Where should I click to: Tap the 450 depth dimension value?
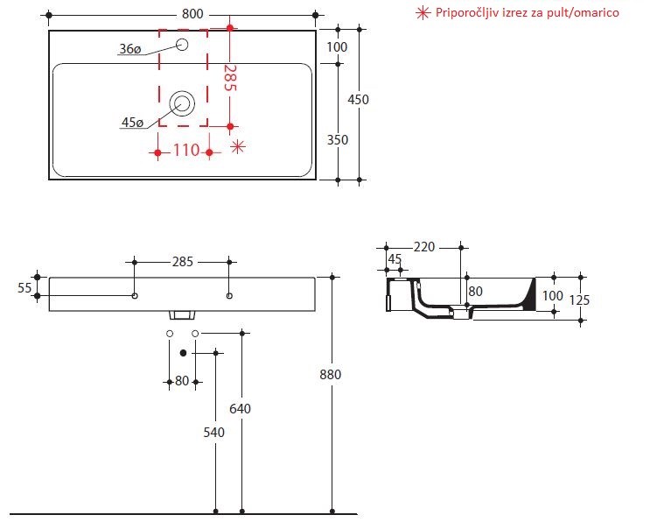coord(358,99)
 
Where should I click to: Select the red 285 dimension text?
coord(229,78)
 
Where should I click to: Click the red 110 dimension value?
coord(185,150)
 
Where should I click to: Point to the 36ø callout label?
coord(129,49)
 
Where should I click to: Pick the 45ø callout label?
coord(132,123)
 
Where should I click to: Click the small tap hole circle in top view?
coord(183,45)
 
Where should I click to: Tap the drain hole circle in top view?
coord(183,103)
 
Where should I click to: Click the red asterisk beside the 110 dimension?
coord(238,147)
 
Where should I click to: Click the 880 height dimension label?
coord(331,374)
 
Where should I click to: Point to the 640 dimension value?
coord(241,407)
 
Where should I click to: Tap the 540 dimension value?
coord(215,432)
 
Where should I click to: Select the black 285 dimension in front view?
coord(182,261)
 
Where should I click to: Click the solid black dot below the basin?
coord(183,353)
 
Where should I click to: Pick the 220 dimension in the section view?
coord(424,247)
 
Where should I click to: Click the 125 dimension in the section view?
coord(578,300)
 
